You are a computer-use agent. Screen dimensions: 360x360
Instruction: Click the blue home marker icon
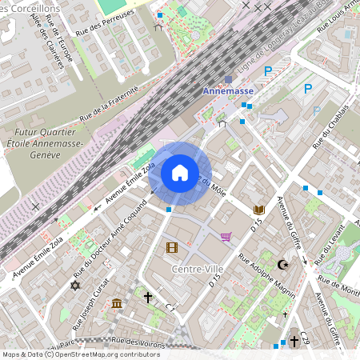pos(180,173)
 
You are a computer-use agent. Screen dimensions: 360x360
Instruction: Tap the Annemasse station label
pos(227,91)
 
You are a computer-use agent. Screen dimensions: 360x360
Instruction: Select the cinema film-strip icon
pos(171,246)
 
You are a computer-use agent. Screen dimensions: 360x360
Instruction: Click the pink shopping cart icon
pos(226,237)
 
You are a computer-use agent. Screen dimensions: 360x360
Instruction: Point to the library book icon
pos(258,210)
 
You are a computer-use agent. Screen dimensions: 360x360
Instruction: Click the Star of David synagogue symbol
pos(76,286)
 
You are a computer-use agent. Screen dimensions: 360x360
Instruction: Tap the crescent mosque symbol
pos(282,264)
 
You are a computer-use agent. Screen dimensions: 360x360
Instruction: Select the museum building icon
pos(117,303)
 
